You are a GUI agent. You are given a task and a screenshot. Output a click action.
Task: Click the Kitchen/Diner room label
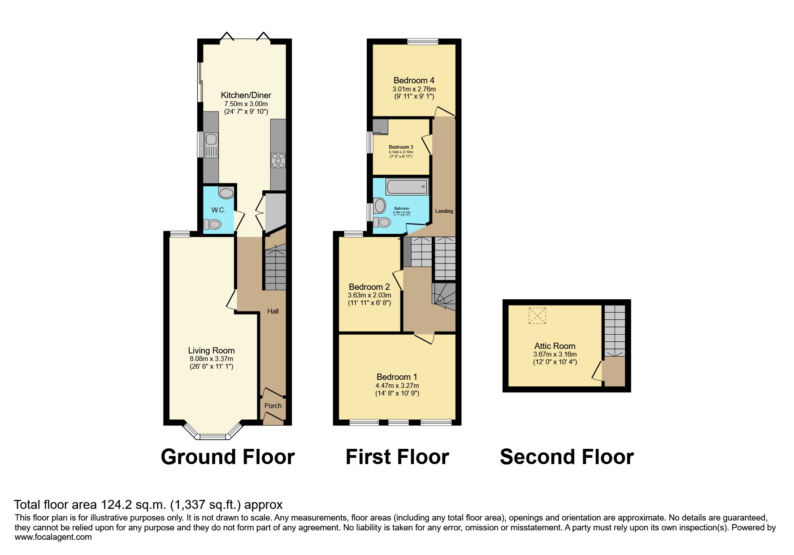pyautogui.click(x=246, y=95)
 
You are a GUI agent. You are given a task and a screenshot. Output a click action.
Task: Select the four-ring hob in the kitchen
pyautogui.click(x=278, y=160)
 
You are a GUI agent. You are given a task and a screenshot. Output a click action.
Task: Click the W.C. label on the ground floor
pyautogui.click(x=218, y=210)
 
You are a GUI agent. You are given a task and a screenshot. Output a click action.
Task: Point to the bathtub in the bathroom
pyautogui.click(x=407, y=186)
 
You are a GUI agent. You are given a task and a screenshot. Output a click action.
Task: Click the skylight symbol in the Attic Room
pyautogui.click(x=537, y=315)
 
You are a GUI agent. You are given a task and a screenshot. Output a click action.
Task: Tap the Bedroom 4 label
pyautogui.click(x=413, y=81)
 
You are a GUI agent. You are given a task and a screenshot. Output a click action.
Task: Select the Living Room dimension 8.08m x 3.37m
pyautogui.click(x=211, y=359)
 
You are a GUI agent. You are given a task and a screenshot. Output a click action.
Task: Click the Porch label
pyautogui.click(x=273, y=406)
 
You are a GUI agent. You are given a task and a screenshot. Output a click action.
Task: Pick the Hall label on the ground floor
pyautogui.click(x=273, y=311)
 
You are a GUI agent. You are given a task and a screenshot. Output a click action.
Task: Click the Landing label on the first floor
pyautogui.click(x=444, y=211)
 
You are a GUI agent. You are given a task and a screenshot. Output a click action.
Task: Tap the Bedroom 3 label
pyautogui.click(x=401, y=147)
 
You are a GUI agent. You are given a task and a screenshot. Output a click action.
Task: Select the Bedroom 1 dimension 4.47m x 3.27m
pyautogui.click(x=397, y=385)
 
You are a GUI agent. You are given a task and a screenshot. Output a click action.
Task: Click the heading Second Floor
pyautogui.click(x=566, y=457)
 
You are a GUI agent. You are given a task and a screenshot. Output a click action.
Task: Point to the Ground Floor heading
pyautogui.click(x=227, y=457)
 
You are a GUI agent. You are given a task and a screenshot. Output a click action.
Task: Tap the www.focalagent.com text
pyautogui.click(x=53, y=537)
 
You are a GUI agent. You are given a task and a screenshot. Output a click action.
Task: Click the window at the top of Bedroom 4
pyautogui.click(x=422, y=42)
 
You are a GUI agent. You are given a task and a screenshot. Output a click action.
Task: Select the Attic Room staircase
pyautogui.click(x=614, y=331)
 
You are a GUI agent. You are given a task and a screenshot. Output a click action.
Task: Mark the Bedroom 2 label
pyautogui.click(x=369, y=287)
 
